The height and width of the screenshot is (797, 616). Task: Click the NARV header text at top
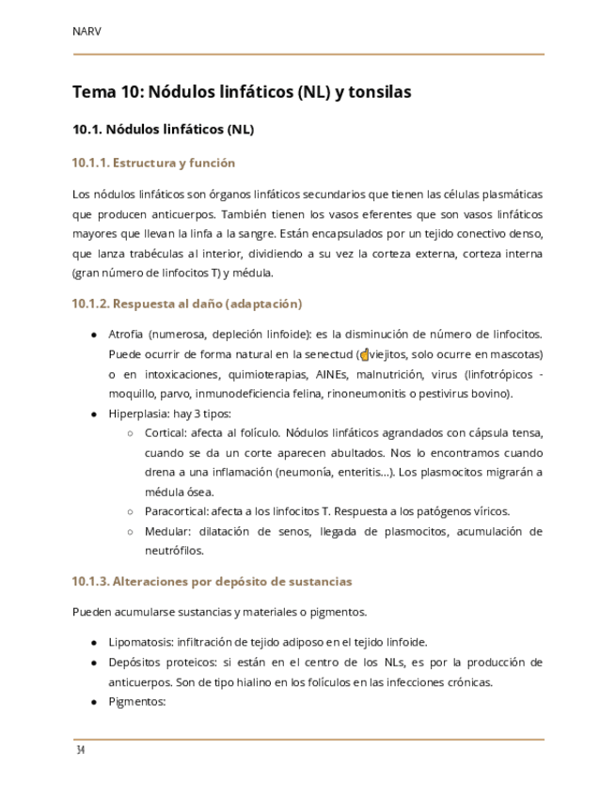[87, 31]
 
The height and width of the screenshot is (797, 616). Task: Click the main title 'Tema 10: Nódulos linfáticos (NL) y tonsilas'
[242, 92]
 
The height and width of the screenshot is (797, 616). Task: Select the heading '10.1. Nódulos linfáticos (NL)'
[164, 129]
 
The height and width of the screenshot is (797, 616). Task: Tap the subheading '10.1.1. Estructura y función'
[153, 163]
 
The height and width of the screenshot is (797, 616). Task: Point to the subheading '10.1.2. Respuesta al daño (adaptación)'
[187, 304]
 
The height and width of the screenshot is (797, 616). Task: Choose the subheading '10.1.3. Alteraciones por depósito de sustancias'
[212, 581]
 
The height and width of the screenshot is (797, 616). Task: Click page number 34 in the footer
[81, 750]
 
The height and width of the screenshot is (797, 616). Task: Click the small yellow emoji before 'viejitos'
[365, 355]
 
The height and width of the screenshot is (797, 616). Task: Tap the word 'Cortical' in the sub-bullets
[165, 432]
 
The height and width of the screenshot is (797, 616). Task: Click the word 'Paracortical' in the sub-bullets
[177, 511]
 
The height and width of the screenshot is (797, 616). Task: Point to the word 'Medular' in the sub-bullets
[166, 531]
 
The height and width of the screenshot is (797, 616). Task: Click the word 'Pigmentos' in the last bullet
[136, 701]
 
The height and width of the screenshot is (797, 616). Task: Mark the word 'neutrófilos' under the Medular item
[174, 551]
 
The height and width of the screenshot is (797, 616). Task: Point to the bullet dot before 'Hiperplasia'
[94, 414]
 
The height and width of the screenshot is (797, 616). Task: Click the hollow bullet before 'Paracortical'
[131, 511]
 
